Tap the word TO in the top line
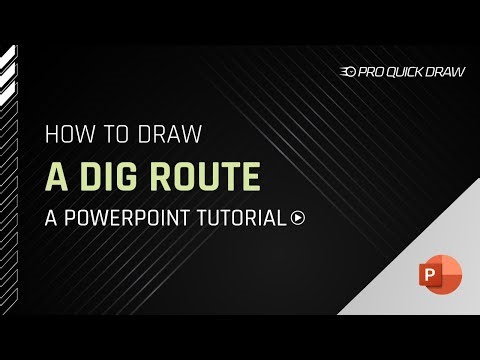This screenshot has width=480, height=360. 114,134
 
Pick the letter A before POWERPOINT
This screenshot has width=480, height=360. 52,218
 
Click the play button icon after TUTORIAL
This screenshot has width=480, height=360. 298,218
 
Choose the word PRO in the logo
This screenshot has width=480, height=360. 371,71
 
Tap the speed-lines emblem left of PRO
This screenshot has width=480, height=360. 349,71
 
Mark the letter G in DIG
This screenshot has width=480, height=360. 131,176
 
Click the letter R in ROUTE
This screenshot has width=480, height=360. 164,176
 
